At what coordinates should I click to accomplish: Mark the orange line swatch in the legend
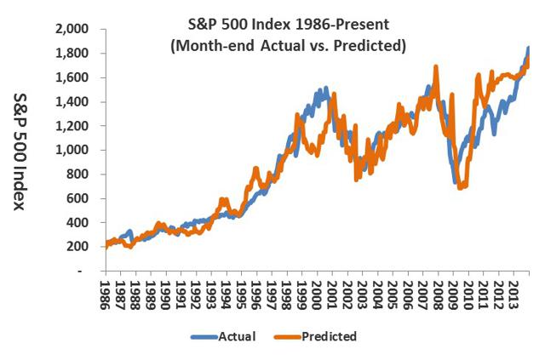[295, 336]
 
